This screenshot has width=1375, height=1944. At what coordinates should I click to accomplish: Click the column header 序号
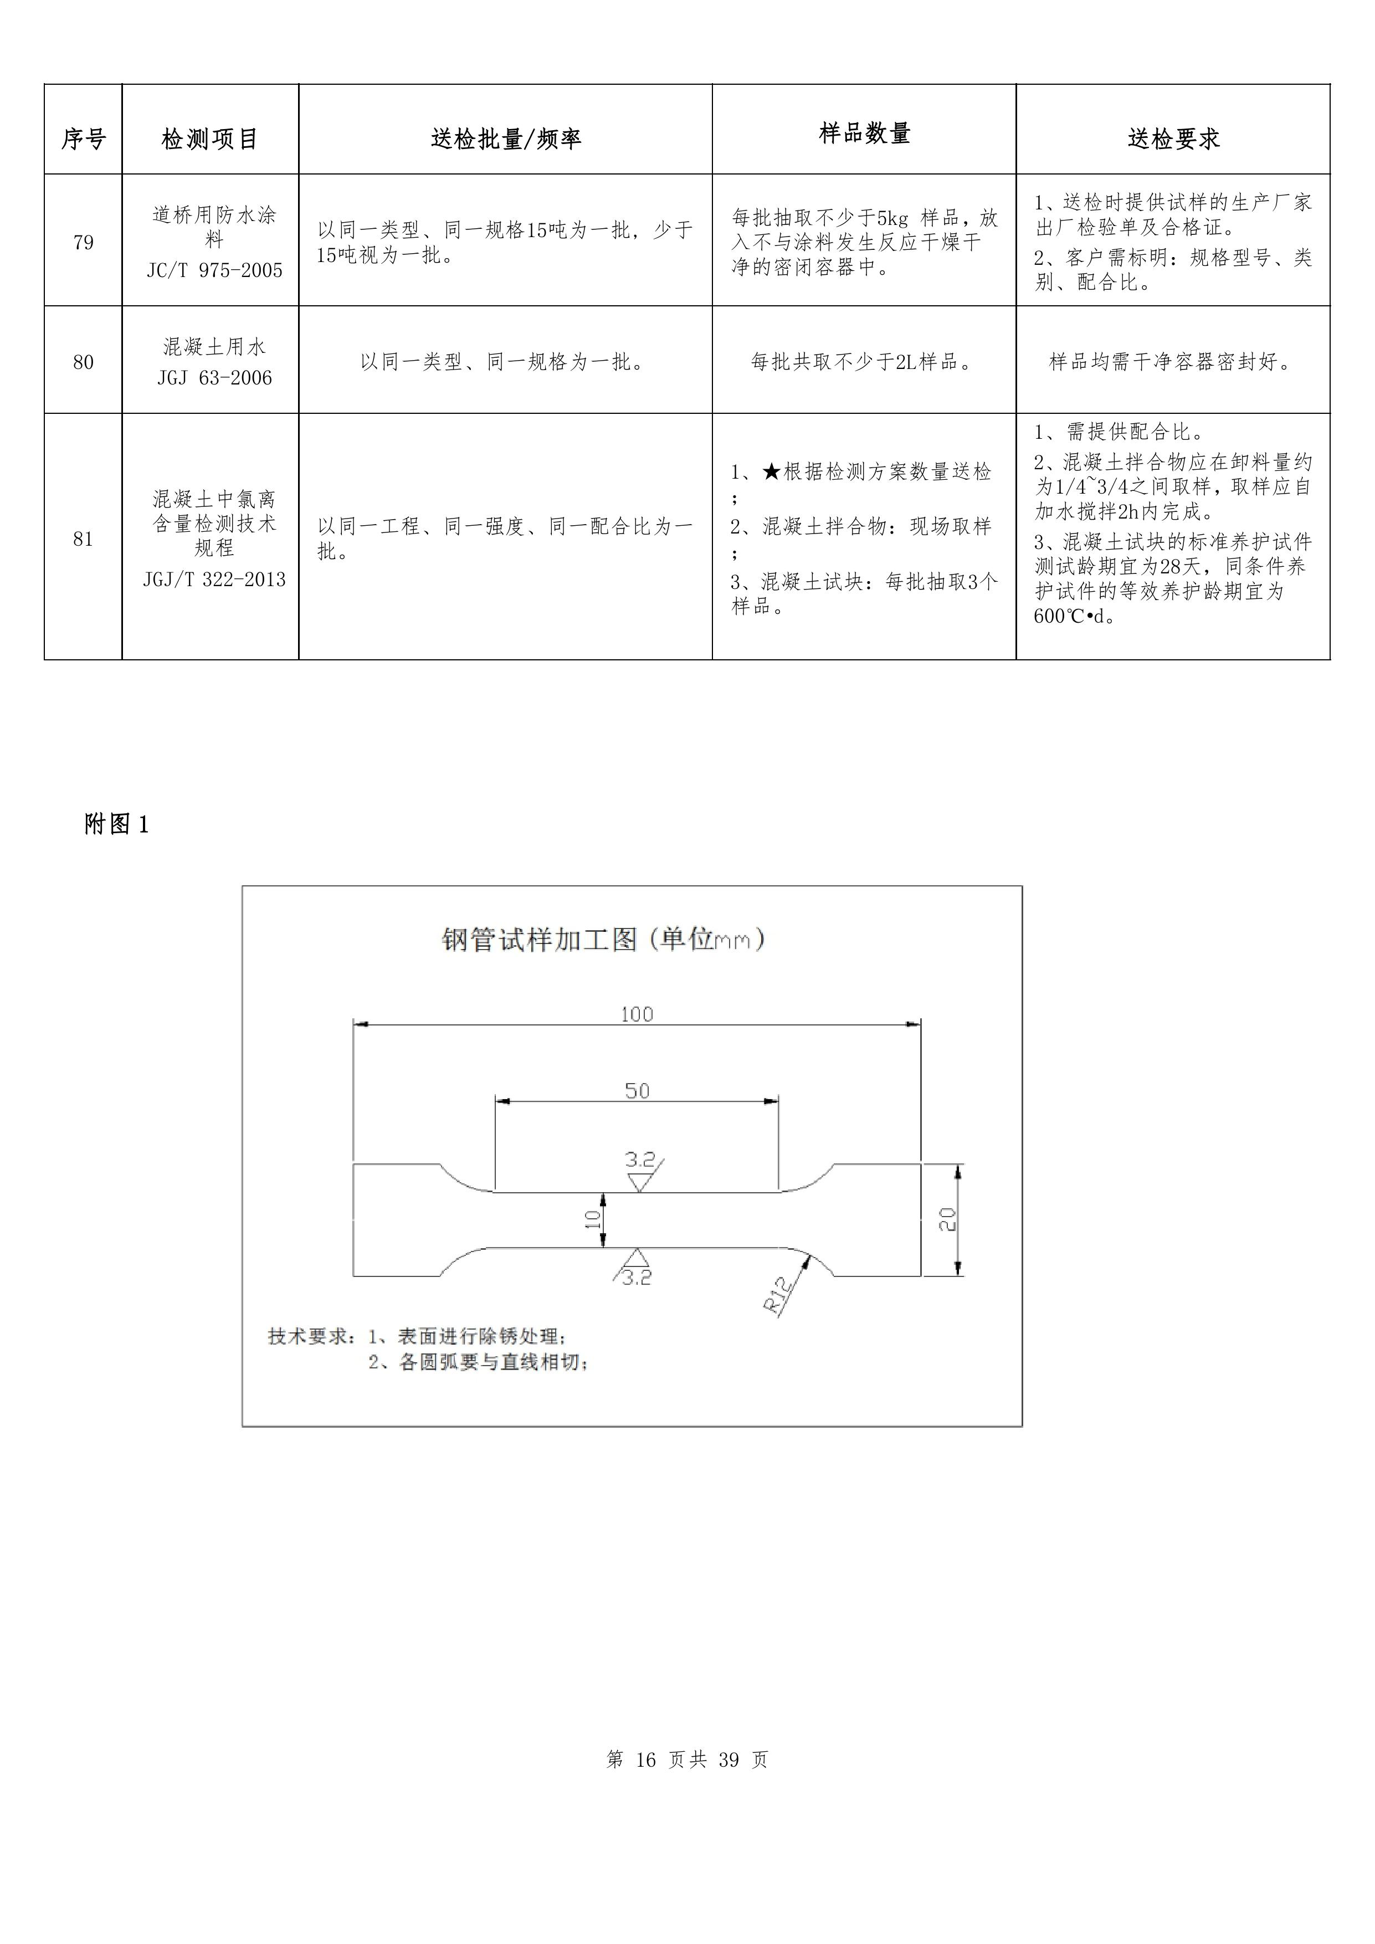pos(83,139)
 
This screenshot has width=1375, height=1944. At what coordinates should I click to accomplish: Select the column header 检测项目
pos(210,139)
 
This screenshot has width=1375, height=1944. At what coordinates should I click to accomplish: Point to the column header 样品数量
pos(864,133)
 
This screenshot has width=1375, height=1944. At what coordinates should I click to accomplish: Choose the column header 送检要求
pos(1173,139)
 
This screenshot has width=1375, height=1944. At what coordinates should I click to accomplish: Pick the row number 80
pos(83,362)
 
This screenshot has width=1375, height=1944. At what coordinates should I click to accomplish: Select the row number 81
pos(83,540)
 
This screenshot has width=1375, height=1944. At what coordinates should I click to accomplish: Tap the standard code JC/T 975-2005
pos(214,271)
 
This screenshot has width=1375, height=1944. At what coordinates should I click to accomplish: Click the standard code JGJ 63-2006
pos(214,378)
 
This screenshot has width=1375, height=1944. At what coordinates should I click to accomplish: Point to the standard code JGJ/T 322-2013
pos(214,580)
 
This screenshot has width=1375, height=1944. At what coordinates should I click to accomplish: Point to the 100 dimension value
pos(637,1014)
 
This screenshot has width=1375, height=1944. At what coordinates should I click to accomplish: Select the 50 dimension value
pos(637,1090)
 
